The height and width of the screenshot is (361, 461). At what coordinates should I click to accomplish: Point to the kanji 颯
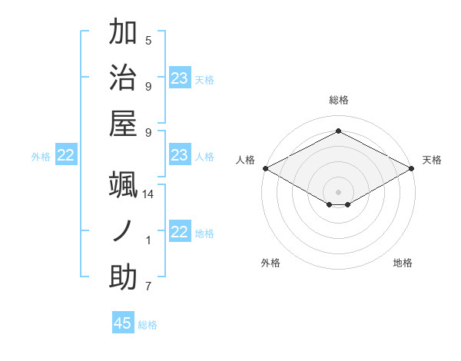[x=123, y=186]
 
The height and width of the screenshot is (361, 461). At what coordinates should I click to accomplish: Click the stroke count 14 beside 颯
[x=148, y=194]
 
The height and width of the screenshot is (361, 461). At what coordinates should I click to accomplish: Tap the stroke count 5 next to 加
[x=148, y=41]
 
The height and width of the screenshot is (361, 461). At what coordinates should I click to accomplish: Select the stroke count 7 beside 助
[x=148, y=287]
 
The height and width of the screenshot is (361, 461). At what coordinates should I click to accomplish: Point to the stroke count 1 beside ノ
[x=148, y=240]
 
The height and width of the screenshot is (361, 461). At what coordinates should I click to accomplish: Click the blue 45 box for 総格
[x=123, y=323]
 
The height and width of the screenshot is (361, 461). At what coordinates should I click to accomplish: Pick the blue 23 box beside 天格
[x=180, y=78]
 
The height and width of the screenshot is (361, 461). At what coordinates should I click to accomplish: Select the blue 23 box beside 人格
[x=180, y=156]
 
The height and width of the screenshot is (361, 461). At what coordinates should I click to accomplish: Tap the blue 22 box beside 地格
[x=180, y=233]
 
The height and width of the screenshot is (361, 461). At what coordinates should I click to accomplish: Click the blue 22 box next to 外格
[x=66, y=156]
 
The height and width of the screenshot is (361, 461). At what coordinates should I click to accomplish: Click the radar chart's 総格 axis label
[x=338, y=100]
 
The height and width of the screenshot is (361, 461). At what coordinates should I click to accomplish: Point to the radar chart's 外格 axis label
[x=270, y=263]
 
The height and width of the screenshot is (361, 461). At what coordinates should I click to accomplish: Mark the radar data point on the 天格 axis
[x=413, y=168]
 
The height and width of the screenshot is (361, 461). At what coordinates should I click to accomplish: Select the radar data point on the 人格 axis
[x=264, y=168]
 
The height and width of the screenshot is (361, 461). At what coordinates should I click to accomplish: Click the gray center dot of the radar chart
[x=338, y=191]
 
